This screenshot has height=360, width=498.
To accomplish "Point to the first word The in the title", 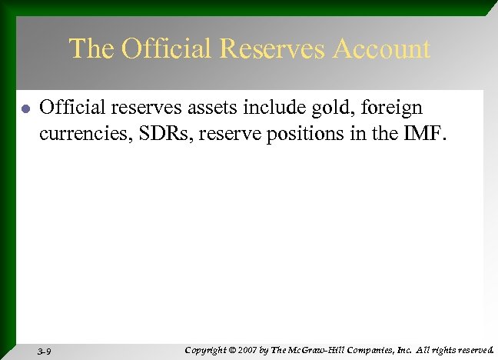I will tap(91, 49).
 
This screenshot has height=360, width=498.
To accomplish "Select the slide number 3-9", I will tap(44, 351).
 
